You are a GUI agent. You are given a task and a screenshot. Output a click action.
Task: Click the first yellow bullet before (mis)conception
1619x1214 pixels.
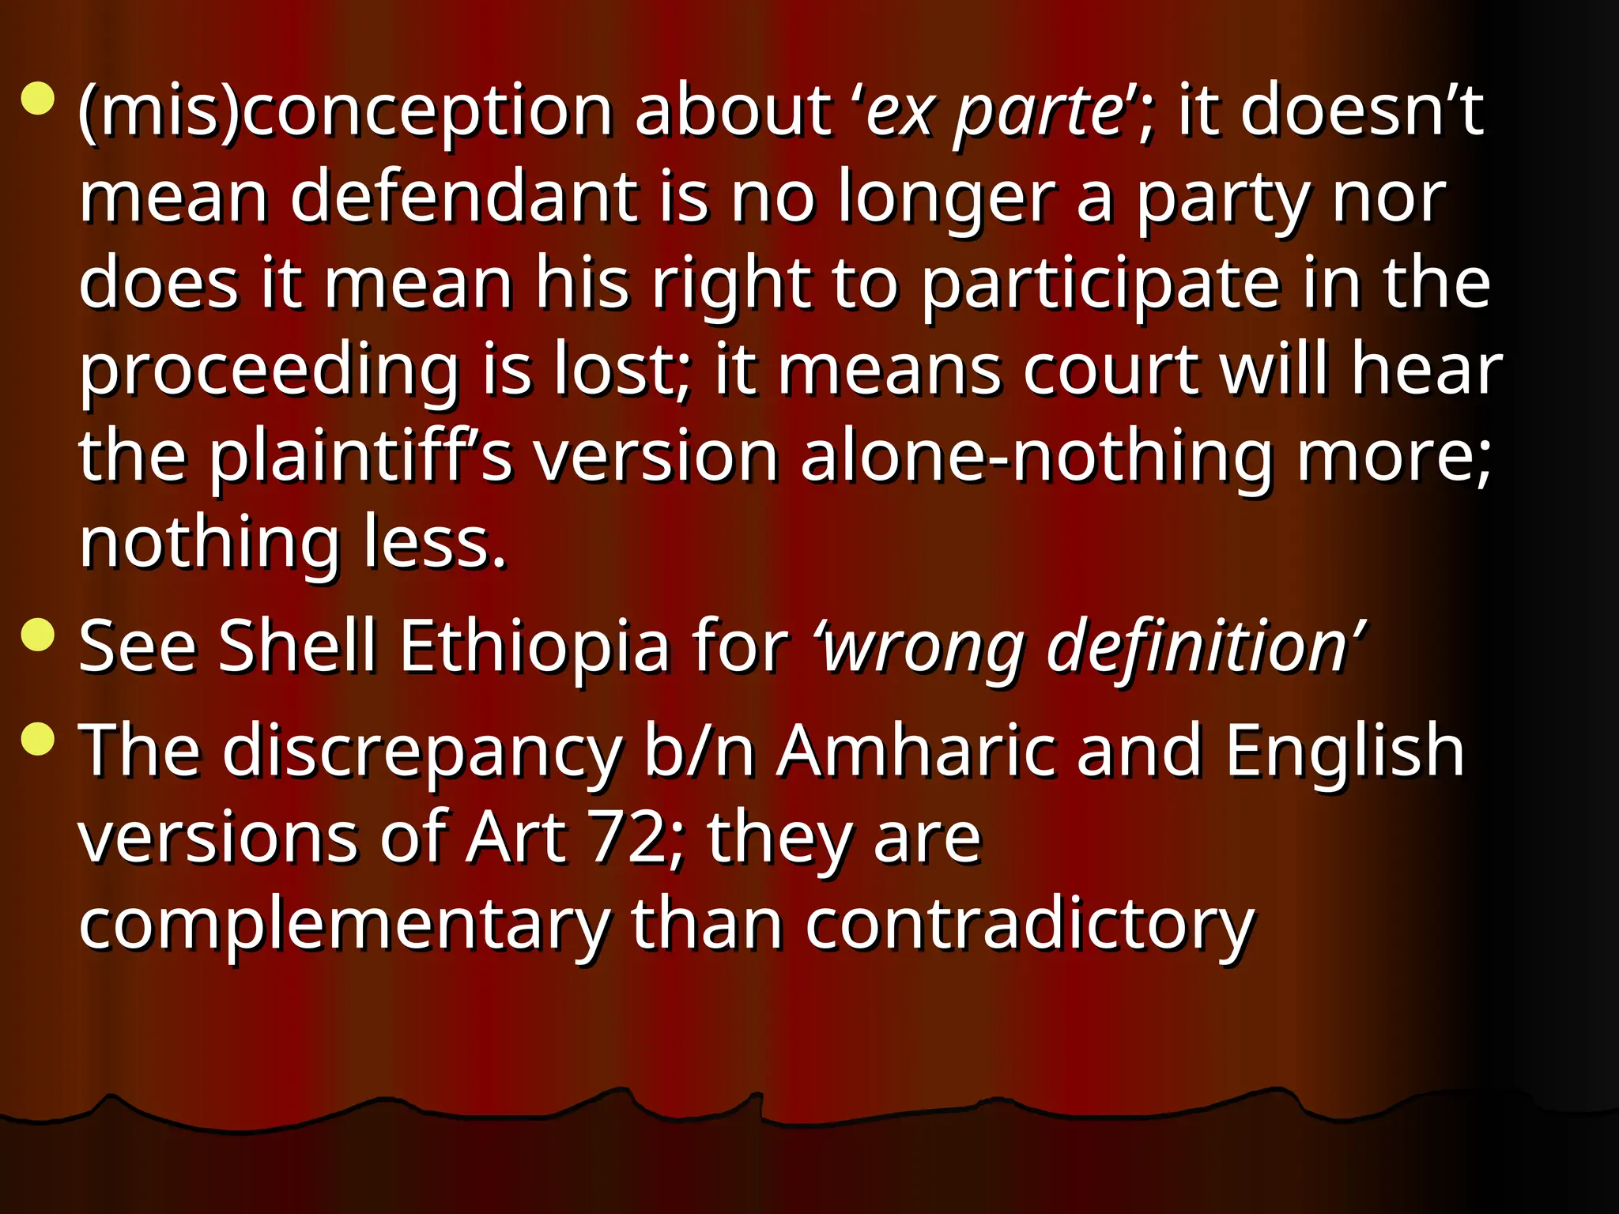[38, 100]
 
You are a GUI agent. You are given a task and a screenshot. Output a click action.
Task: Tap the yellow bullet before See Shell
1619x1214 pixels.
[38, 635]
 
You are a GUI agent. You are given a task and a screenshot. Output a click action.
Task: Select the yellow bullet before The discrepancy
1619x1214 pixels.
[38, 740]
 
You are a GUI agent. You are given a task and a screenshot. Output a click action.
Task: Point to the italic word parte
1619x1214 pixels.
[1036, 112]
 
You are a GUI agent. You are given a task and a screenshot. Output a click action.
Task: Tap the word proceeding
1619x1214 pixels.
[270, 371]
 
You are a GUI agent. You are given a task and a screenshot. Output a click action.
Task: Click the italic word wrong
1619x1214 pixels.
[922, 647]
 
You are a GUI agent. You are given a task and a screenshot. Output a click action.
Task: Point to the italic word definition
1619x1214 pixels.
[1197, 647]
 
